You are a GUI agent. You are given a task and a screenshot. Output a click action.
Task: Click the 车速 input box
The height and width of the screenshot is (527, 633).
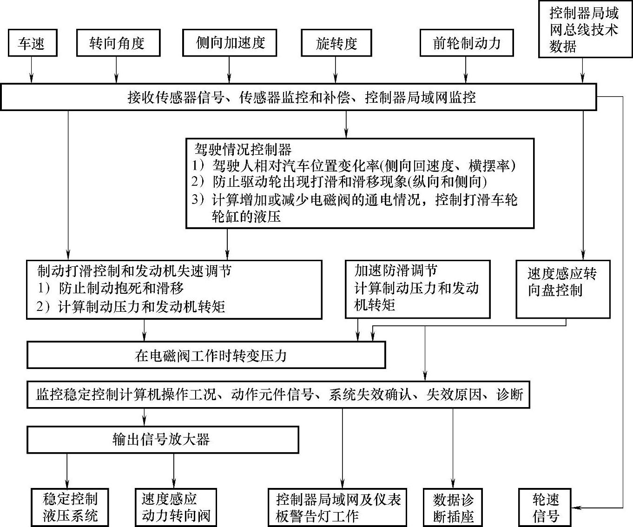click(x=32, y=43)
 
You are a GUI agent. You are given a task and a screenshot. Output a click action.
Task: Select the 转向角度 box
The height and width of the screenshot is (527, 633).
click(x=118, y=43)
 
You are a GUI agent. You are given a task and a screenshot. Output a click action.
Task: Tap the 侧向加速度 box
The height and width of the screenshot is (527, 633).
click(x=230, y=43)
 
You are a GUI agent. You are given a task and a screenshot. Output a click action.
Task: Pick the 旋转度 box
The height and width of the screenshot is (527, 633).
click(x=336, y=43)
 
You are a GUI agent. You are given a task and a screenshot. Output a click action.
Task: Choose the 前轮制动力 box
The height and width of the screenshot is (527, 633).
click(x=467, y=43)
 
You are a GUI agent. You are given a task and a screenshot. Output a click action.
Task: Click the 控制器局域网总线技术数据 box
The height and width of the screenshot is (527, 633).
click(x=584, y=29)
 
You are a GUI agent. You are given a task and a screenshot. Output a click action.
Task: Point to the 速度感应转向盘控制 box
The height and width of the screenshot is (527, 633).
click(x=562, y=289)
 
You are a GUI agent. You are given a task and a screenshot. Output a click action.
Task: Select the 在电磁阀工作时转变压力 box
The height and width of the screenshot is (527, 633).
click(x=206, y=355)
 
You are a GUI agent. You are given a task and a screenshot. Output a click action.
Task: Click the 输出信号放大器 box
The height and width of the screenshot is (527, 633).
click(x=162, y=440)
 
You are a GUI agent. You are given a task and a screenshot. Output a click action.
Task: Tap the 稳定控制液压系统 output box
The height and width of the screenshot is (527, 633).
click(x=70, y=507)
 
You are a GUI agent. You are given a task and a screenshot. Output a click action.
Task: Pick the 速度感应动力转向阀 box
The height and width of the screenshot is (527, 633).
click(x=176, y=507)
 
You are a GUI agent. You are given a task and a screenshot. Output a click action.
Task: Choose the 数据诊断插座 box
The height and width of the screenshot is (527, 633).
click(x=453, y=507)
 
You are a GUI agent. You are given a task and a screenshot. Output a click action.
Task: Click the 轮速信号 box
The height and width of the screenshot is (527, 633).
click(x=545, y=507)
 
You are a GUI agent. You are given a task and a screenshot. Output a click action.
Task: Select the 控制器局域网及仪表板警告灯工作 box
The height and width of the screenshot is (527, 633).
click(x=337, y=507)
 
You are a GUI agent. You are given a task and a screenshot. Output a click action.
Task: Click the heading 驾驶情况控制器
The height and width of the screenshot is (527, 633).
click(x=243, y=150)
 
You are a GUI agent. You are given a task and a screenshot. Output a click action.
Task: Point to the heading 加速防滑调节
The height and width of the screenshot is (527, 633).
click(x=396, y=270)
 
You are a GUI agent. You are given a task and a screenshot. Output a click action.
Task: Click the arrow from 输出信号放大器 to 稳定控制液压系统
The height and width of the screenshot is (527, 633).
click(x=67, y=470)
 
